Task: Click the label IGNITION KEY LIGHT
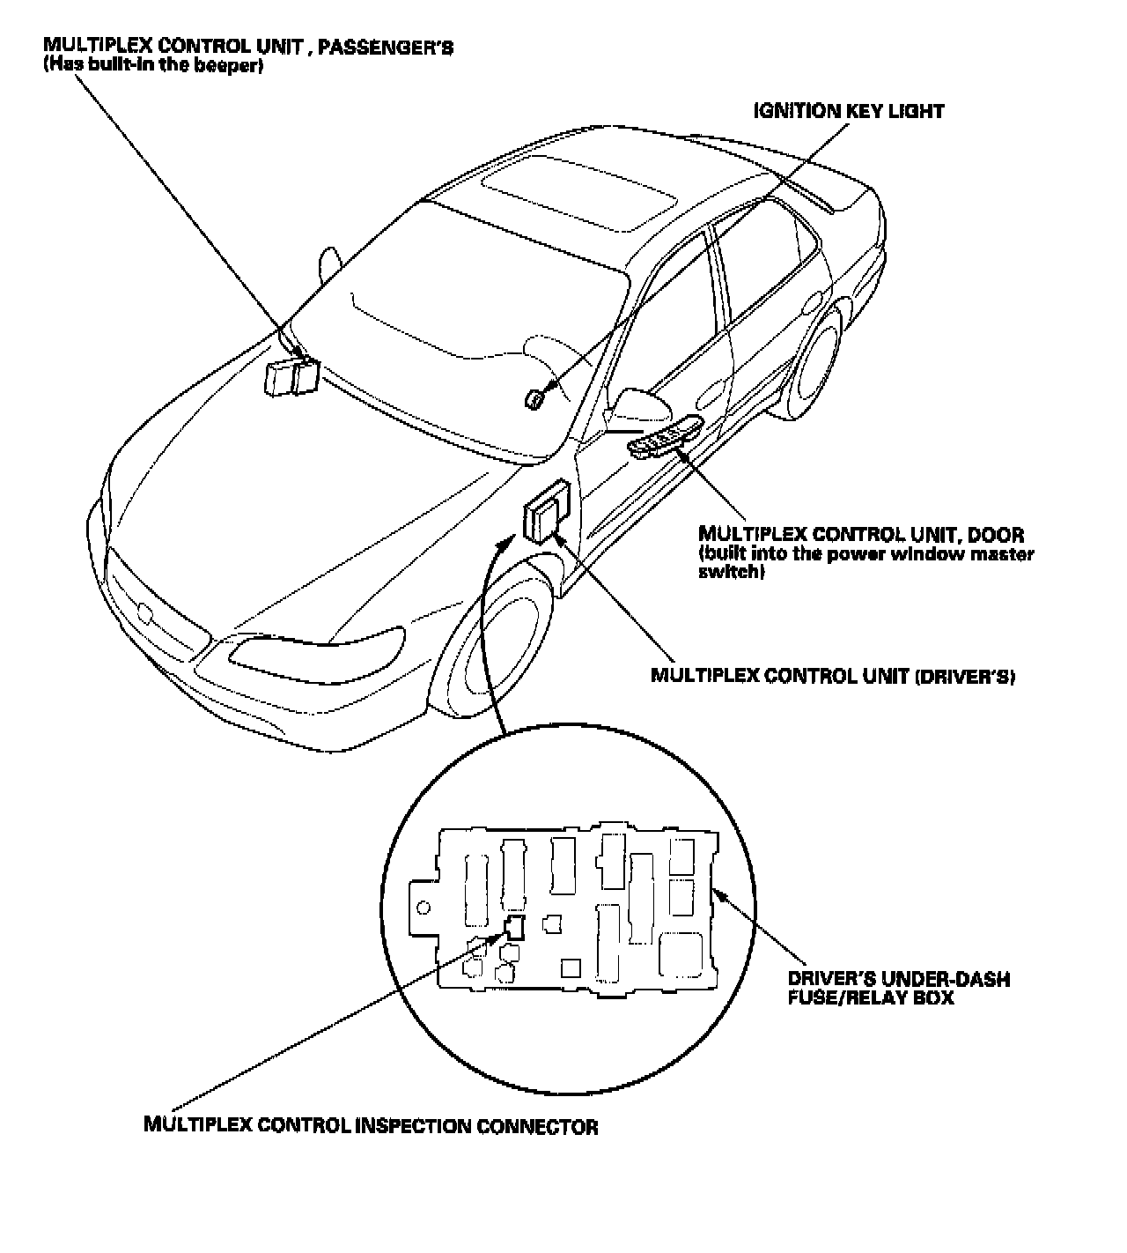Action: click(x=849, y=111)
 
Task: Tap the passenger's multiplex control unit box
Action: click(x=292, y=378)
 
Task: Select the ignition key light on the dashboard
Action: click(x=534, y=399)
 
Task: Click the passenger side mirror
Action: click(x=329, y=263)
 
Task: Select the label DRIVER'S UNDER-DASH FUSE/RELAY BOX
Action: click(x=898, y=989)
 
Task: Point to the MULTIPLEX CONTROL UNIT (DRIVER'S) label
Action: click(x=834, y=676)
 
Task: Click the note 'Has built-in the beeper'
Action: click(x=153, y=66)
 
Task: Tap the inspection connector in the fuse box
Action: click(x=514, y=926)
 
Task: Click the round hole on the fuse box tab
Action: click(x=423, y=908)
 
